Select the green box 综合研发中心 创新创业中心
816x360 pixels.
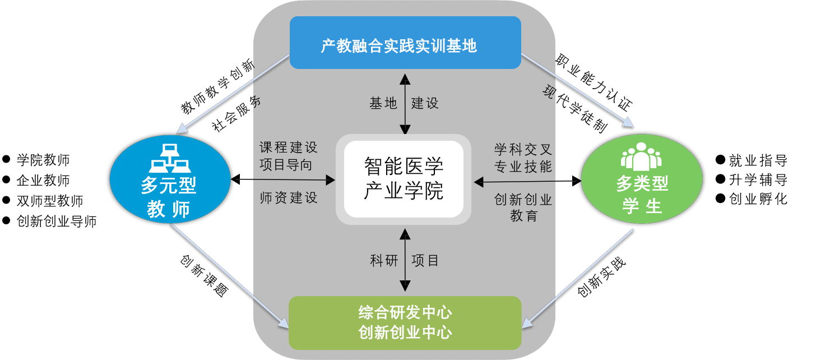(x=405, y=322)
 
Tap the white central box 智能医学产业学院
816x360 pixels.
(x=404, y=179)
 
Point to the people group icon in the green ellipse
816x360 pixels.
(x=641, y=156)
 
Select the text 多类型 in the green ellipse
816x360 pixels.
(x=642, y=183)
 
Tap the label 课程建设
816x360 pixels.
(x=288, y=147)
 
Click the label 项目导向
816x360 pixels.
(x=286, y=165)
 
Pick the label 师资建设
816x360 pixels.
(x=288, y=198)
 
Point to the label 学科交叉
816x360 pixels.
(x=523, y=149)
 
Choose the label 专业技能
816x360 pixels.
(x=523, y=167)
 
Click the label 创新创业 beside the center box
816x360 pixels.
(x=523, y=199)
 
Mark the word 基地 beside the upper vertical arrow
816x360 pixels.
(x=383, y=103)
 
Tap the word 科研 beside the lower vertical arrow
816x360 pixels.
(x=384, y=260)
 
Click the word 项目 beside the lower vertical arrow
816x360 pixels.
(x=425, y=260)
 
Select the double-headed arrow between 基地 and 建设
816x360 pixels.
(x=404, y=103)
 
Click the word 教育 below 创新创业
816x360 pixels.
(x=523, y=216)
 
